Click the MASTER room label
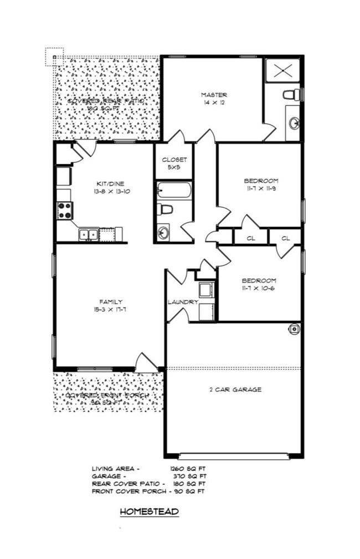pos(213,95)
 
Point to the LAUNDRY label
pos(183,302)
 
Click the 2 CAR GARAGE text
pos(235,389)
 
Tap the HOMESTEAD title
pos(150,512)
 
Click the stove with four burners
pos(64,211)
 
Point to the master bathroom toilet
pos(292,94)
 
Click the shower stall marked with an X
pos(282,70)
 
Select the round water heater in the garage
pos(294,329)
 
